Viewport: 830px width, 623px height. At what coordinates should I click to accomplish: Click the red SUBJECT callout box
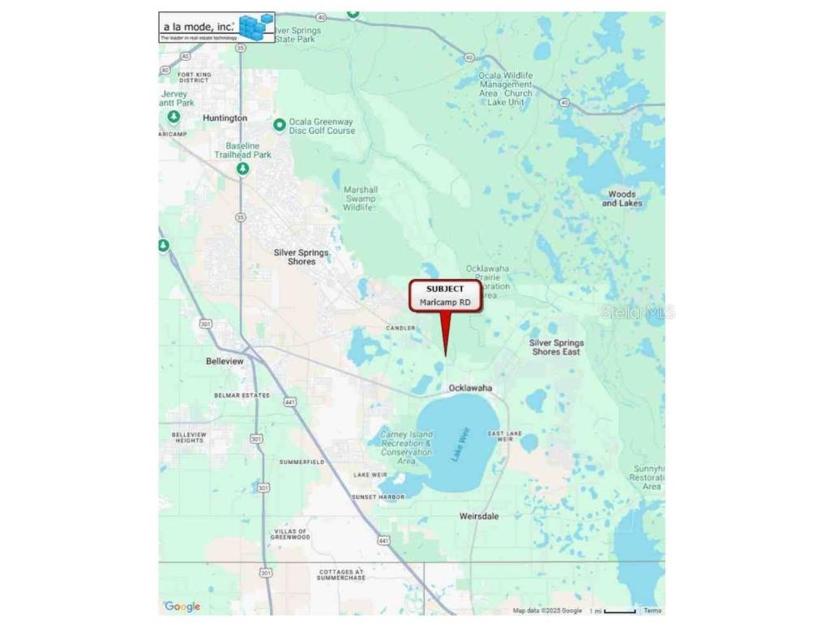pos(445,295)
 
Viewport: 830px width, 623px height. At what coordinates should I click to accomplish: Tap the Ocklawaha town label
pos(470,388)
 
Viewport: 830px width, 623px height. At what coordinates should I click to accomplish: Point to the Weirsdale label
pos(479,516)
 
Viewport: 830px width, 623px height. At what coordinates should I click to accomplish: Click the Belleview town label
pos(225,361)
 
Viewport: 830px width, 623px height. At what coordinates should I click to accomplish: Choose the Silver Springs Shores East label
pos(556,347)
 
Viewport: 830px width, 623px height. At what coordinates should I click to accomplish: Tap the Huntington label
pos(225,118)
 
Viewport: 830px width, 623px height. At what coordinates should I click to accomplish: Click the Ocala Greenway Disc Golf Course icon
pos(280,125)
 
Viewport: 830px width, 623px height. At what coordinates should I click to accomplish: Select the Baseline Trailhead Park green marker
pos(242,169)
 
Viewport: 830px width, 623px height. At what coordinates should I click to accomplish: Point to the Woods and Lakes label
pos(622,199)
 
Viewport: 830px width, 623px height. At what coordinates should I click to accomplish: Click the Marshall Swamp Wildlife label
pos(361,199)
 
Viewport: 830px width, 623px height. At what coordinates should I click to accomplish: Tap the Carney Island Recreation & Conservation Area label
pos(406,448)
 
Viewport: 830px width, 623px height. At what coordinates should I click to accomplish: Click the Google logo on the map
pos(182,607)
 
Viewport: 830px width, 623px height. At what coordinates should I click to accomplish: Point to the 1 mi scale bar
pos(619,611)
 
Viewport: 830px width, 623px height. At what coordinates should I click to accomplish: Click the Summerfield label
pos(302,462)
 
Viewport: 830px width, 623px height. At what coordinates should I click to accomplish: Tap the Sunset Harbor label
pos(378,496)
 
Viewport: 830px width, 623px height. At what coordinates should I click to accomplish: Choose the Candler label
pos(400,328)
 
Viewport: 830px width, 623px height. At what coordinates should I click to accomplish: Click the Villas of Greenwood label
pos(290,534)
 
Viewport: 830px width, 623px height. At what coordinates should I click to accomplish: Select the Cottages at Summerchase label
pos(341,574)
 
